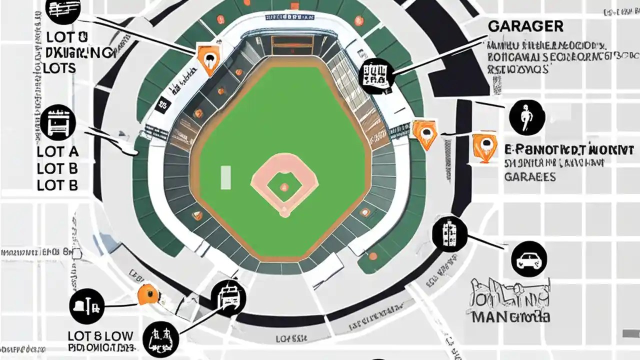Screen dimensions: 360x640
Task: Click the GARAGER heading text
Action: (525, 26)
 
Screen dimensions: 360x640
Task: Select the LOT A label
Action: (57, 152)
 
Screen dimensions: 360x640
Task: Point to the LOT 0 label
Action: (66, 37)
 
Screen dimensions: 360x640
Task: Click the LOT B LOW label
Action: (100, 335)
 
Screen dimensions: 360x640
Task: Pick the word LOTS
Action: (59, 68)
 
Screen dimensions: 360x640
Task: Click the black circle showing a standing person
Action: (526, 117)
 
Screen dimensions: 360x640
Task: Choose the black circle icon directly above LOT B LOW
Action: (87, 306)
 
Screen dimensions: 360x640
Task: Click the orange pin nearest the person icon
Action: (484, 146)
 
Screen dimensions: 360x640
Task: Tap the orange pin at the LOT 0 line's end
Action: (207, 57)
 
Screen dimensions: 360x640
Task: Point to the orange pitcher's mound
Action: (284, 187)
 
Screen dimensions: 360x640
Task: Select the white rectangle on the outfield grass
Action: (225, 178)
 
